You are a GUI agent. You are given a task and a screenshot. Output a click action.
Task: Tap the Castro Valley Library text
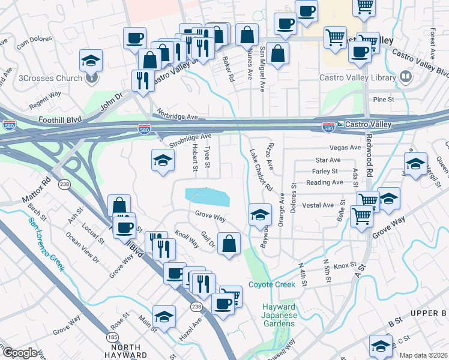point(357,77)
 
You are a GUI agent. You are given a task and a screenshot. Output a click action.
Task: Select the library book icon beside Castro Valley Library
point(406,77)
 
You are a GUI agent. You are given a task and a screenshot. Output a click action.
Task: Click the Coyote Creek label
point(272,284)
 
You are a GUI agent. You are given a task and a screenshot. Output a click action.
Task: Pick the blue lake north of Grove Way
point(208,196)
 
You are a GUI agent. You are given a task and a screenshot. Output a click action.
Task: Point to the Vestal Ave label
point(318,205)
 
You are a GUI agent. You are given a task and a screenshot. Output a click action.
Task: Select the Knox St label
point(345,265)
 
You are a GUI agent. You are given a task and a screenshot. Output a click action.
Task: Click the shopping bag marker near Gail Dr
point(229,244)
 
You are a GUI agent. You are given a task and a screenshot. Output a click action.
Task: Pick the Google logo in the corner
point(20,353)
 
